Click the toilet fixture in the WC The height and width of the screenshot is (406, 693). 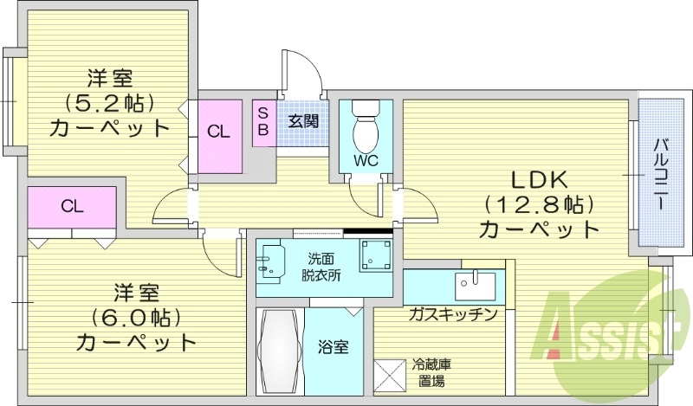pos(366,129)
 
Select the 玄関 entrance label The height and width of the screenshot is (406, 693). pos(302,120)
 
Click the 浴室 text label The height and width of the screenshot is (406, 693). pos(334,348)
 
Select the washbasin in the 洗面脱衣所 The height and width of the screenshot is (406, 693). pos(275,261)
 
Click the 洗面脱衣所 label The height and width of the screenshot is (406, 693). pos(321,267)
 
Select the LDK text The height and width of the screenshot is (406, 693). pos(537,180)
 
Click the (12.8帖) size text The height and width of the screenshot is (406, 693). pos(537,205)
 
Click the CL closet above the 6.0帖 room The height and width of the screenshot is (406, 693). pos(71,206)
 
